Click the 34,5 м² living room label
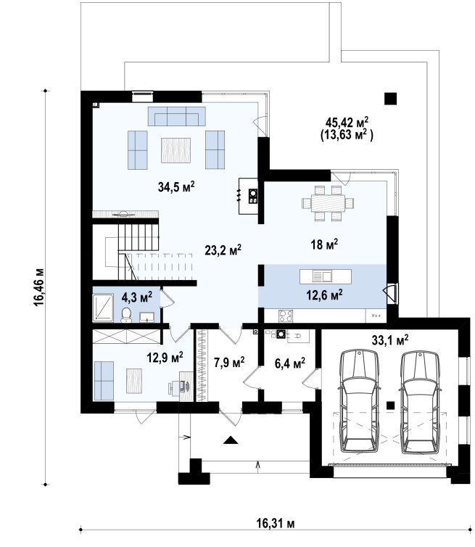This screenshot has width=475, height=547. pyautogui.click(x=175, y=186)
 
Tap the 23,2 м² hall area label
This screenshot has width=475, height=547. pyautogui.click(x=223, y=250)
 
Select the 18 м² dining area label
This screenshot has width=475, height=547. pyautogui.click(x=324, y=244)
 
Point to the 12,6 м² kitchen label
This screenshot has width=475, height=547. pyautogui.click(x=324, y=295)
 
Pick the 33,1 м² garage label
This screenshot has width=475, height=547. pyautogui.click(x=390, y=340)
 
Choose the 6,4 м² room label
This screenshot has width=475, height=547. pyautogui.click(x=290, y=363)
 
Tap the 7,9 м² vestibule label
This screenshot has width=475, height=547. pyautogui.click(x=229, y=362)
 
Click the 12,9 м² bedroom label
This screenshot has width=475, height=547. pyautogui.click(x=165, y=357)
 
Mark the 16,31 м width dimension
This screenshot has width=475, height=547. pyautogui.click(x=276, y=523)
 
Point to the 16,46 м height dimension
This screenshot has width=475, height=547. pyautogui.click(x=38, y=287)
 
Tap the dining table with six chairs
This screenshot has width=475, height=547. pyautogui.click(x=328, y=203)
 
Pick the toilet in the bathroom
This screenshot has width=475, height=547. pyautogui.click(x=126, y=315)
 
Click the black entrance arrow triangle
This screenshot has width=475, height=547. pyautogui.click(x=231, y=440)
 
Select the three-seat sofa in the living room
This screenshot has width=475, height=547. pyautogui.click(x=176, y=116)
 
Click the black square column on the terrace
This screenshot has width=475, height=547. pyautogui.click(x=391, y=99)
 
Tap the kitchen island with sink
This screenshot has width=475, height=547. pyautogui.click(x=326, y=276)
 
